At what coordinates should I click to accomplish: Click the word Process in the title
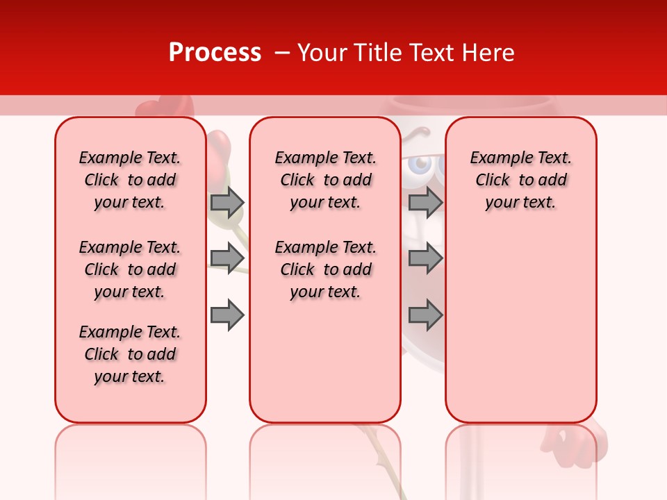point(215,53)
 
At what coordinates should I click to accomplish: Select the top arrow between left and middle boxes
point(227,202)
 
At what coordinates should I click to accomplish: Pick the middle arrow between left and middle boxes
point(227,258)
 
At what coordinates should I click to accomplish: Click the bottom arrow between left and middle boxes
point(227,316)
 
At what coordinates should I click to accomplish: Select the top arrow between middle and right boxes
point(425,202)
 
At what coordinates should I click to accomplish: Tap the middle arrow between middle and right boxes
point(425,258)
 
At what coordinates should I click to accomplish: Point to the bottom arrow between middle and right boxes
point(425,316)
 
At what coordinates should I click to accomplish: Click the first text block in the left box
point(130,180)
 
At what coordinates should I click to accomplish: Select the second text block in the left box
point(130,269)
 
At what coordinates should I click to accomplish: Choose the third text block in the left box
point(130,354)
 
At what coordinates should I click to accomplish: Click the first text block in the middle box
point(325,180)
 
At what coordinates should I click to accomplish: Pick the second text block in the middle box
point(325,269)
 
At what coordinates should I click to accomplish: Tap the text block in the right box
point(520,180)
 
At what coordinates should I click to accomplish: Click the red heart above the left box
point(156,109)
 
